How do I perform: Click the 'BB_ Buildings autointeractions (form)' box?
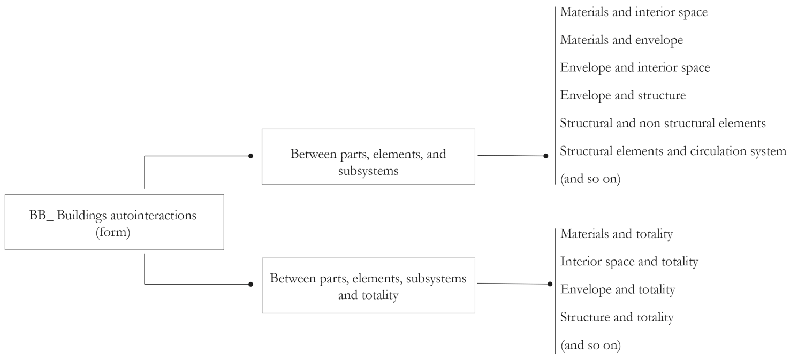pyautogui.click(x=114, y=222)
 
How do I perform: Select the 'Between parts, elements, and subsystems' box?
pyautogui.click(x=368, y=157)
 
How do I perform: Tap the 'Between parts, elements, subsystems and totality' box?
pyautogui.click(x=368, y=286)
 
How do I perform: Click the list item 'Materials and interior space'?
pyautogui.click(x=634, y=12)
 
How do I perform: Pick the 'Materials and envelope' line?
pyautogui.click(x=621, y=40)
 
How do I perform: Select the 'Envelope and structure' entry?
pyautogui.click(x=622, y=96)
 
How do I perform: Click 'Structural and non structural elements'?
pyautogui.click(x=663, y=124)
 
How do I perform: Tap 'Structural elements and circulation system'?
pyautogui.click(x=673, y=151)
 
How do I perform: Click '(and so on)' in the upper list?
pyautogui.click(x=590, y=179)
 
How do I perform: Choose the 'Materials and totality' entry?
pyautogui.click(x=616, y=234)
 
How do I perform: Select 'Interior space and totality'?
pyautogui.click(x=629, y=262)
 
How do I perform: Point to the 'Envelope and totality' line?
pyautogui.click(x=618, y=290)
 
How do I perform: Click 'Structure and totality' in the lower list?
pyautogui.click(x=617, y=318)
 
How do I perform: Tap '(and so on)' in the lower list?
pyautogui.click(x=590, y=346)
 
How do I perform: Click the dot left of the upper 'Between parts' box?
pyautogui.click(x=250, y=156)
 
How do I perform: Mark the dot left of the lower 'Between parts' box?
pyautogui.click(x=250, y=285)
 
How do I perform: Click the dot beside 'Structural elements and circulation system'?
pyautogui.click(x=546, y=156)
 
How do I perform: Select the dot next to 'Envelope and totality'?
pyautogui.click(x=550, y=284)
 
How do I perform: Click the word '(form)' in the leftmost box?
pyautogui.click(x=113, y=233)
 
